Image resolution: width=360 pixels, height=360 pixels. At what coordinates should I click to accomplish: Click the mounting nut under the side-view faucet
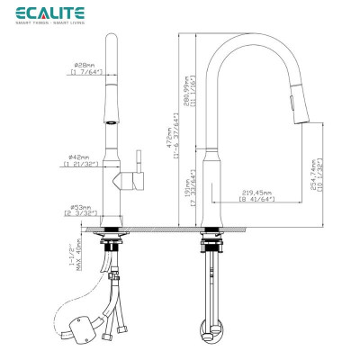coord(211,242)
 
